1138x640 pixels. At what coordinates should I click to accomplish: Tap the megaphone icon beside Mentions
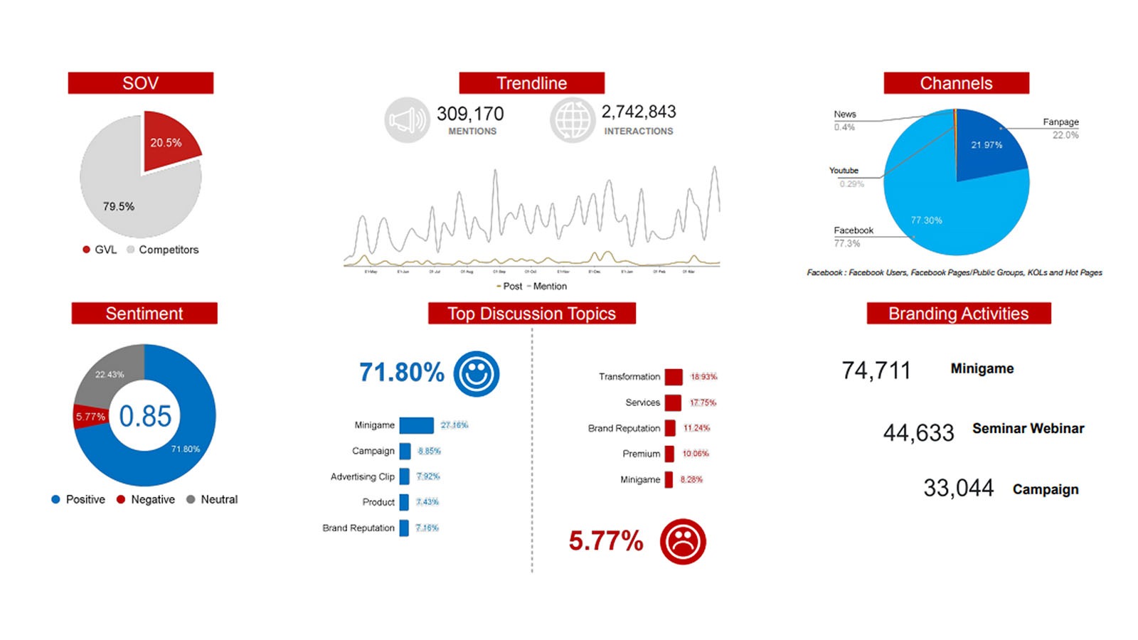click(407, 120)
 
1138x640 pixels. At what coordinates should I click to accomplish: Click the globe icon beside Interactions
click(573, 120)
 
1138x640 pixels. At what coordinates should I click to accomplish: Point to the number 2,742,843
click(639, 112)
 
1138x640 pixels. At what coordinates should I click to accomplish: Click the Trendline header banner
click(531, 83)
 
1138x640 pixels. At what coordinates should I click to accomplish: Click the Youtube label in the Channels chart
click(844, 171)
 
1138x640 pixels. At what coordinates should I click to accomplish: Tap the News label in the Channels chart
click(845, 114)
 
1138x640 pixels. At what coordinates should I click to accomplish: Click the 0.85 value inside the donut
click(145, 416)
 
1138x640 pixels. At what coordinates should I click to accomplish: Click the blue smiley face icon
click(477, 373)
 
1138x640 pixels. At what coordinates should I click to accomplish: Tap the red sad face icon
click(683, 542)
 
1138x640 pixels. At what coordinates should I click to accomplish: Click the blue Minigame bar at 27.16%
click(417, 425)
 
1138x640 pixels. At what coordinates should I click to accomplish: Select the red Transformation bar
click(674, 377)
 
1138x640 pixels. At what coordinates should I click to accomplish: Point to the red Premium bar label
click(641, 454)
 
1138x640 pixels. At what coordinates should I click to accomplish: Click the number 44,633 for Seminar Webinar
click(918, 432)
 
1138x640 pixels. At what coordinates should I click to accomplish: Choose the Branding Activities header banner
click(958, 314)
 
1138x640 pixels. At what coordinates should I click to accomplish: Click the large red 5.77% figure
click(606, 541)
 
